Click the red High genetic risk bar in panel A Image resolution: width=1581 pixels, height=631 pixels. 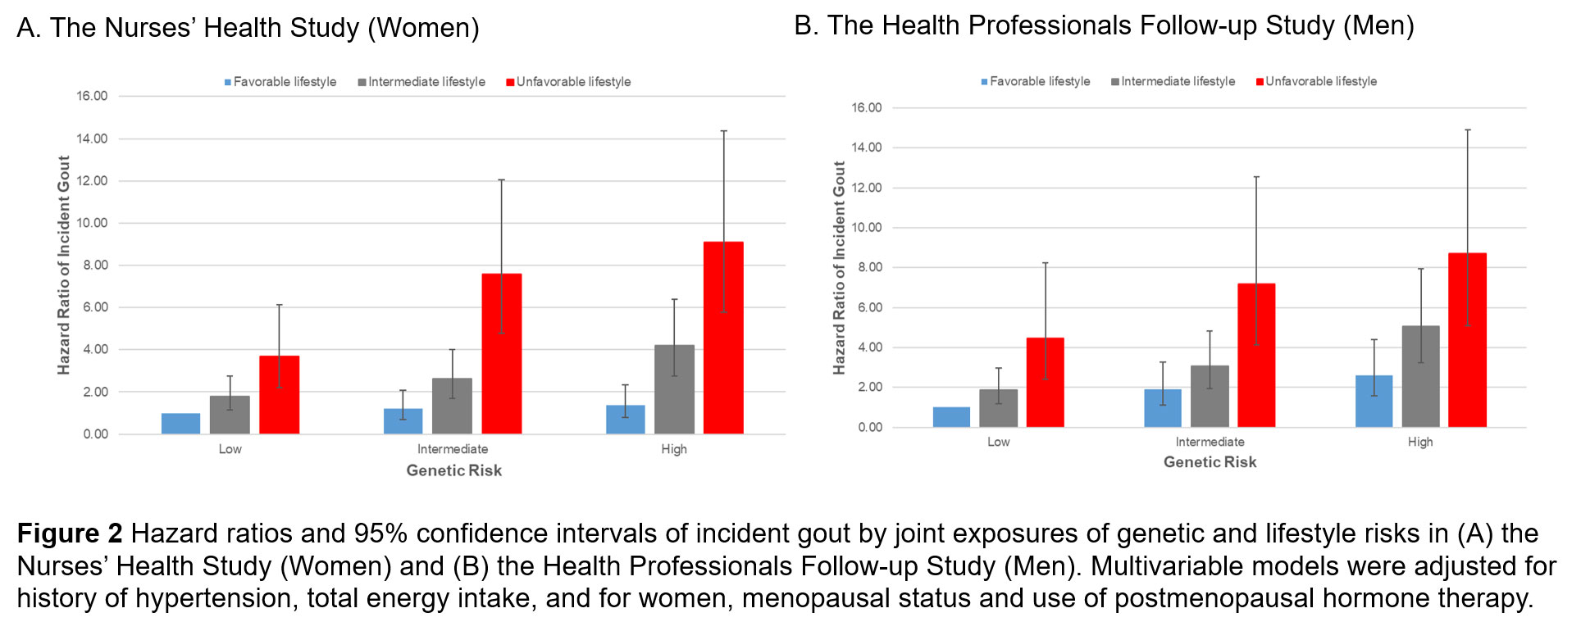[723, 338]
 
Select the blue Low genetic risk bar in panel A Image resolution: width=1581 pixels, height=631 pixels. [180, 424]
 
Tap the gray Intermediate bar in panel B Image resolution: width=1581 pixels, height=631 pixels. [1210, 397]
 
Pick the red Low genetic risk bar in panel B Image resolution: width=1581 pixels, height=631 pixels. [1045, 383]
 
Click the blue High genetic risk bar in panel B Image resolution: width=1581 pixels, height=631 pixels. [1374, 402]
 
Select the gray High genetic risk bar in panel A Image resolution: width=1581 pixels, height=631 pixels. [674, 389]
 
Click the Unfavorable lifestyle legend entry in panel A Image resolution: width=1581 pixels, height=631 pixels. [569, 82]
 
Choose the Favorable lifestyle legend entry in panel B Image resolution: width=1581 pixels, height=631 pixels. [1036, 81]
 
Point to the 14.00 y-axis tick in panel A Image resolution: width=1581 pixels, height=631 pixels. [92, 138]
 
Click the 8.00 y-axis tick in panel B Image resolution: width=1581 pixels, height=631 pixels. [867, 267]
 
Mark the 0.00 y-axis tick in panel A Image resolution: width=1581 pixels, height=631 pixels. [95, 434]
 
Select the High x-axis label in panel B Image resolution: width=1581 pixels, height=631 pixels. [1420, 442]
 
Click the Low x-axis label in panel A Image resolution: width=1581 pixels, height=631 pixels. [230, 449]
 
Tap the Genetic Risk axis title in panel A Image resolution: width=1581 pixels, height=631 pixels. [453, 470]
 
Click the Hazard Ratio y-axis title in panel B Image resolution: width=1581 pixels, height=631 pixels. [839, 268]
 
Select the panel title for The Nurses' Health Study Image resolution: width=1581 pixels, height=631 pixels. [248, 28]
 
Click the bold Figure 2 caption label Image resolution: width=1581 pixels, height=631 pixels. [70, 533]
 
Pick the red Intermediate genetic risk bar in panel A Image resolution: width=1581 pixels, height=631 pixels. [501, 353]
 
